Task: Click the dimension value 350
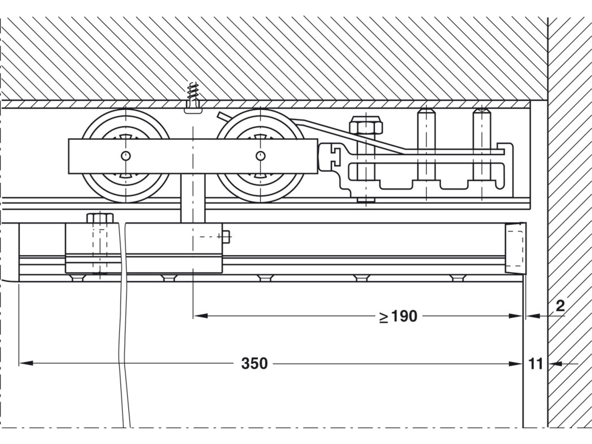click(x=254, y=364)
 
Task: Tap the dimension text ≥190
click(x=398, y=316)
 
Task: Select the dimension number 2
click(x=560, y=306)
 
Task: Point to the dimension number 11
click(x=535, y=364)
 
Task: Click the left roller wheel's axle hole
click(x=126, y=156)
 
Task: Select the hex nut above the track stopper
click(x=366, y=125)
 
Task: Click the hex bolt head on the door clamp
click(x=100, y=218)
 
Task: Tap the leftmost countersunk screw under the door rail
click(x=78, y=278)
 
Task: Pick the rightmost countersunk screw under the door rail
click(x=457, y=278)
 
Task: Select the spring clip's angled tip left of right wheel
click(x=221, y=115)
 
